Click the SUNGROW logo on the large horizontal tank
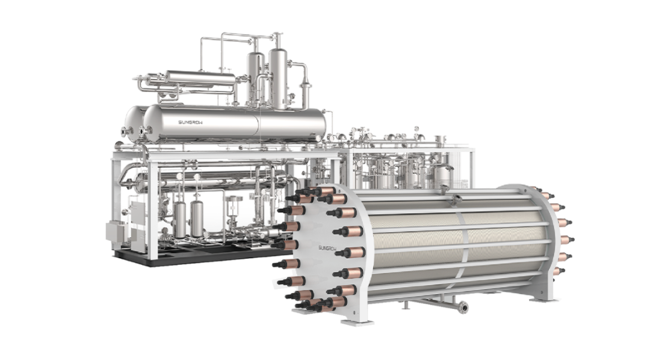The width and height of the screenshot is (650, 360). (x=190, y=122)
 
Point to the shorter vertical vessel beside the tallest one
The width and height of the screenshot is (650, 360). (x=256, y=79)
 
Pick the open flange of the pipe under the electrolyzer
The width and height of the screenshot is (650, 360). (x=463, y=308)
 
